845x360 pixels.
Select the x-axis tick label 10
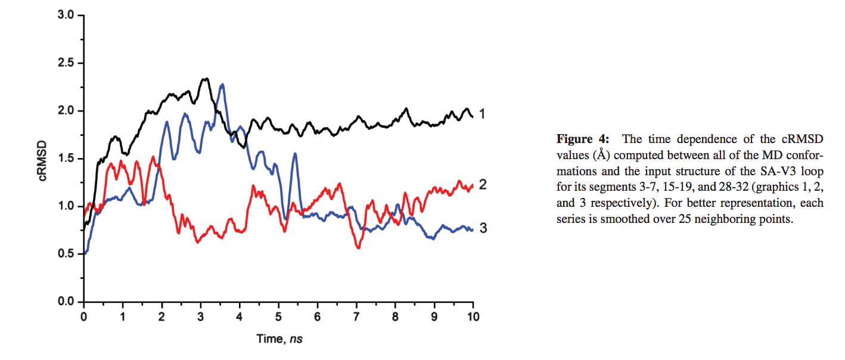point(473,314)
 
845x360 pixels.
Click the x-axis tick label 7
point(356,314)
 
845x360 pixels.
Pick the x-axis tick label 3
point(201,314)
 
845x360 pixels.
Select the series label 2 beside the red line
point(483,185)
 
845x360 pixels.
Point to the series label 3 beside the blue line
point(483,228)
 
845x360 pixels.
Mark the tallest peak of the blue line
point(222,85)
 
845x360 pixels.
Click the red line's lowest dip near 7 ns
point(358,247)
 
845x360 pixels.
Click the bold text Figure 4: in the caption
point(583,139)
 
